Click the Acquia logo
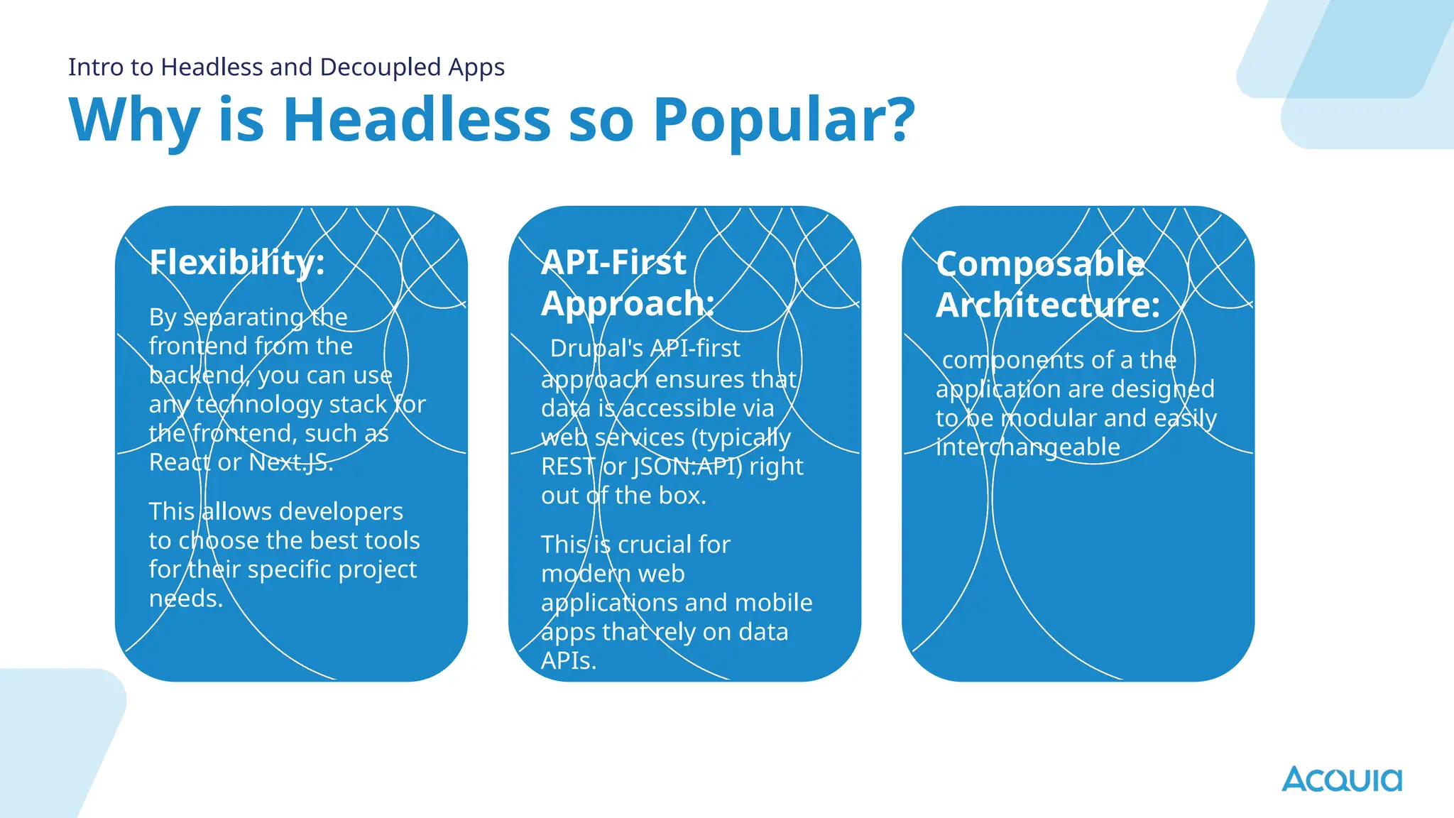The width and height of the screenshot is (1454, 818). point(1341,779)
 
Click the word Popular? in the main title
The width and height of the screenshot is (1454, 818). point(784,119)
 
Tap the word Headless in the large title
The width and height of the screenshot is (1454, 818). point(417,119)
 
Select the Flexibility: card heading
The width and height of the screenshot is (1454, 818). point(237,263)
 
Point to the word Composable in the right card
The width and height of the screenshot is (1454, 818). point(1040,264)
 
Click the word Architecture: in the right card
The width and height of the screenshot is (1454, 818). point(1048,305)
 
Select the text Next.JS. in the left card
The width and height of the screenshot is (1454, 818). point(291,462)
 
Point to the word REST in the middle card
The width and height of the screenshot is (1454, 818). point(567,467)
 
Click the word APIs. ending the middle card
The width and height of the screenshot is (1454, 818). point(569,661)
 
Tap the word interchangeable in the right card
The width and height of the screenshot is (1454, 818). point(1028,447)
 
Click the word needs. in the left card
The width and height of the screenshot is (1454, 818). point(186,599)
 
